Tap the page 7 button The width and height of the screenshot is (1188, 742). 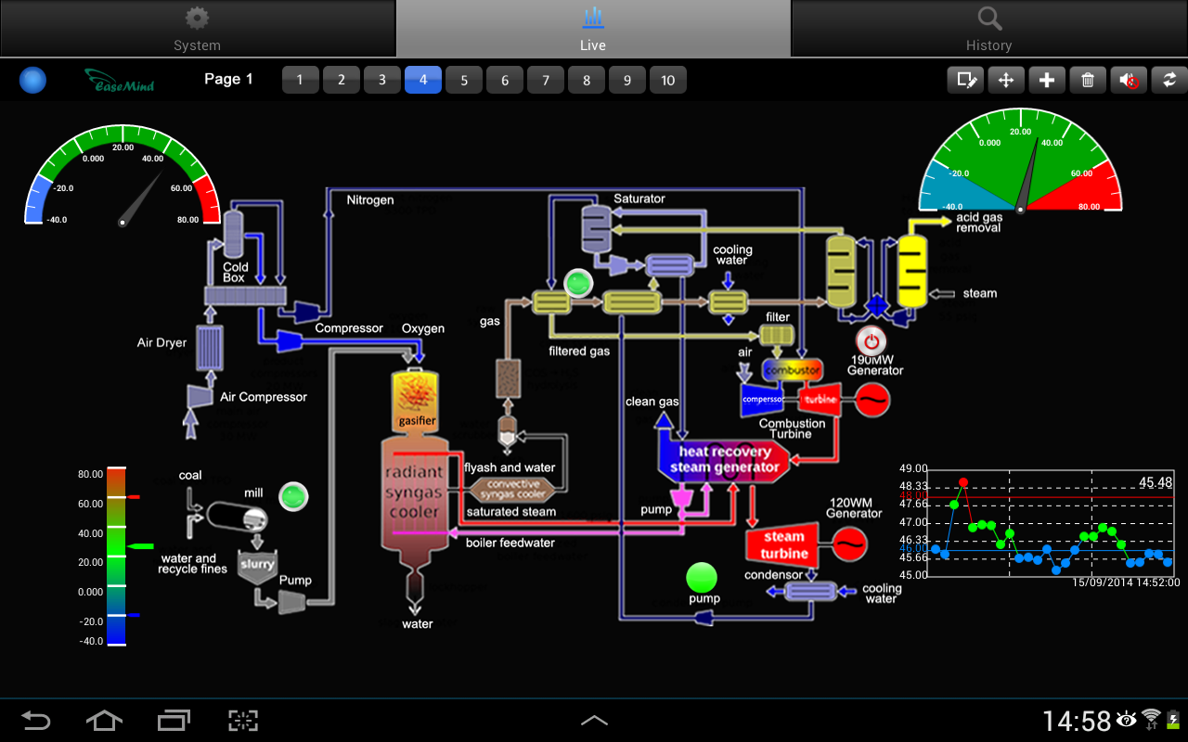coord(546,80)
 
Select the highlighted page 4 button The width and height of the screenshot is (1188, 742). coord(423,80)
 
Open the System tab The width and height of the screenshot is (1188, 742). coord(197,28)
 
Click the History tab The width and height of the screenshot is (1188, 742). coord(988,28)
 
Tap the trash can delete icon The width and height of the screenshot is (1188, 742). coord(1088,80)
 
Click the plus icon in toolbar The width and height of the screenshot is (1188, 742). coord(1047,80)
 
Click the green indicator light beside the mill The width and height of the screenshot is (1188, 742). coord(293,496)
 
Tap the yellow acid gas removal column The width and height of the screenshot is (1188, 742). coord(913,271)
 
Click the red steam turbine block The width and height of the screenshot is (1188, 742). coord(784,545)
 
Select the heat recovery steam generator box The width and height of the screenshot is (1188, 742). coord(724,459)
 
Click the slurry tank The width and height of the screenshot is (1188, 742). coord(257,565)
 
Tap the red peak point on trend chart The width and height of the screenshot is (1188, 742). coord(963,482)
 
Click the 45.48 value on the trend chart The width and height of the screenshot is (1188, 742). coord(1156,482)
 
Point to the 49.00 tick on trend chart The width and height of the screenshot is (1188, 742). coord(914,468)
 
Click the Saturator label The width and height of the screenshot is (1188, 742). coord(639,198)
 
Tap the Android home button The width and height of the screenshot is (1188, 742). coord(104,720)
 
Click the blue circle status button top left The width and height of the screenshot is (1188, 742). coord(33,81)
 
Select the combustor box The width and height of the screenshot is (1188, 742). coord(792,370)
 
